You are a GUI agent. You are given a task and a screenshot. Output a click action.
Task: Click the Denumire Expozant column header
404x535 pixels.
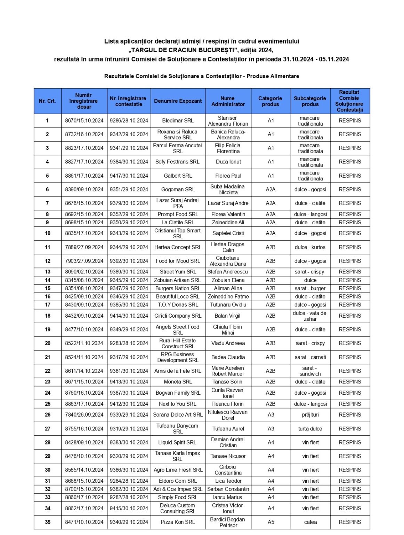(x=178, y=101)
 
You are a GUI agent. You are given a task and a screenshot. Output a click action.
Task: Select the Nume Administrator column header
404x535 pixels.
(x=228, y=101)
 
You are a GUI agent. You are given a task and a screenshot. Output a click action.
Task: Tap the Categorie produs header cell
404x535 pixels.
(x=270, y=101)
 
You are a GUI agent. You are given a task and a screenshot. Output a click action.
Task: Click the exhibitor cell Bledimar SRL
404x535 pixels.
(x=178, y=121)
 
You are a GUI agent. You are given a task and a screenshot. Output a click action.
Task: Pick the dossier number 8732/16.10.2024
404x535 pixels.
(x=84, y=134)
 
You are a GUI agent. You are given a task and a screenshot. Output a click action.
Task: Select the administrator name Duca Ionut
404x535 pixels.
(x=228, y=162)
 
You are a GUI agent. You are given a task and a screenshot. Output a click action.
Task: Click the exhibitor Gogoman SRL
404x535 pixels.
(x=178, y=189)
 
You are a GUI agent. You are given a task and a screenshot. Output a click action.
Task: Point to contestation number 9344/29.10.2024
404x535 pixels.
(x=129, y=247)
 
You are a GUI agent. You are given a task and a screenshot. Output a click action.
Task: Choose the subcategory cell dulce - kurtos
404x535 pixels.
(x=310, y=247)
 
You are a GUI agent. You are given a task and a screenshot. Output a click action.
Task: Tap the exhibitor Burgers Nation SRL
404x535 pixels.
(x=178, y=288)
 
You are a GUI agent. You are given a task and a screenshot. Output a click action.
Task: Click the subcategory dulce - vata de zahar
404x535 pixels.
(x=310, y=316)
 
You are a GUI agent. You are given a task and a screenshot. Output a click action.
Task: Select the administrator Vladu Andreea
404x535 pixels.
(x=228, y=343)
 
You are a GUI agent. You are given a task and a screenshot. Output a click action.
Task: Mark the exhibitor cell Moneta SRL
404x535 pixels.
(x=178, y=382)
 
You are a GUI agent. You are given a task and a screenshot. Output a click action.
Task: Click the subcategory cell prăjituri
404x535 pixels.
(x=310, y=415)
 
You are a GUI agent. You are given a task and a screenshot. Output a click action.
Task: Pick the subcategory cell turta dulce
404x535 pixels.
(x=310, y=429)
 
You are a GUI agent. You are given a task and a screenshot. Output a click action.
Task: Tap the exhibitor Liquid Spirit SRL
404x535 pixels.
(x=177, y=442)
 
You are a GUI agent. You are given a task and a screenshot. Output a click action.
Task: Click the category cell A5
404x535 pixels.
(x=271, y=522)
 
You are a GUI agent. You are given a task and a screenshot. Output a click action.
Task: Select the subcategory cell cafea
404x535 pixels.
(x=310, y=522)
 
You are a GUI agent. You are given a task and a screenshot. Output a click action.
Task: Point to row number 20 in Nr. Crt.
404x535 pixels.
(x=48, y=343)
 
